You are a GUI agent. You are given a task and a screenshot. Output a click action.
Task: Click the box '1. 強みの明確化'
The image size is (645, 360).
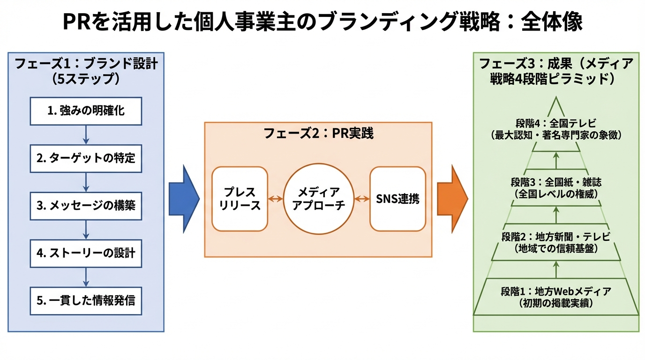[x=86, y=112]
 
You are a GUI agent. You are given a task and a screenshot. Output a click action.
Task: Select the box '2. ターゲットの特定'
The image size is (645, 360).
[x=86, y=158]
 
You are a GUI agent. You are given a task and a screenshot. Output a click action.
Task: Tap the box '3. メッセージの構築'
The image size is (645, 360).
[x=86, y=206]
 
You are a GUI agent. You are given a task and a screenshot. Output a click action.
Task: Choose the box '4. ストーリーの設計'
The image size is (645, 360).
[x=86, y=253]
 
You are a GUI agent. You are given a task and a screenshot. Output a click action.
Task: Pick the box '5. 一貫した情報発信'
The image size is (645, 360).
[x=86, y=300]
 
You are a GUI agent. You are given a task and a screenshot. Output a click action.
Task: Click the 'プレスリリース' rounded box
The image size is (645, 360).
[x=240, y=199]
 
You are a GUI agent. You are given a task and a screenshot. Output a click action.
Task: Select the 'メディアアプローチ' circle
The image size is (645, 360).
[x=318, y=199]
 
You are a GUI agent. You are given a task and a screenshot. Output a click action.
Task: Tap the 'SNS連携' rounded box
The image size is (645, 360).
[x=397, y=199]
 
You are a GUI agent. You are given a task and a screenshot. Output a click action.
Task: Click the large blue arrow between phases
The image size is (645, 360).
[x=184, y=199]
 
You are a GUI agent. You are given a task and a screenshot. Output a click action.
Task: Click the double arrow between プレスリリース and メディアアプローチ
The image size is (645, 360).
[x=276, y=199]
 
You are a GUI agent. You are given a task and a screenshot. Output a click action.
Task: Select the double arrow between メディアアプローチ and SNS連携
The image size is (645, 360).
[x=361, y=199]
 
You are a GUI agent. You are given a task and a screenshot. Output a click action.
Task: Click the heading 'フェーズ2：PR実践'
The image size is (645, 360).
[x=318, y=134]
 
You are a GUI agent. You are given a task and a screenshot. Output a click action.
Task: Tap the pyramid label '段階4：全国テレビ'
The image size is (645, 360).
[x=556, y=124]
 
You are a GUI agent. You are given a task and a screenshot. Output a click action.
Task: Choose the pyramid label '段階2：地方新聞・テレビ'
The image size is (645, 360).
[x=556, y=236]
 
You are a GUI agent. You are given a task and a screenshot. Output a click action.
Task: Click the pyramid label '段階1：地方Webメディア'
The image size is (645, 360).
[x=556, y=291]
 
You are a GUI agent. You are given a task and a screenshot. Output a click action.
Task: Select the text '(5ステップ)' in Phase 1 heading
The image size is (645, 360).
[x=86, y=78]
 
